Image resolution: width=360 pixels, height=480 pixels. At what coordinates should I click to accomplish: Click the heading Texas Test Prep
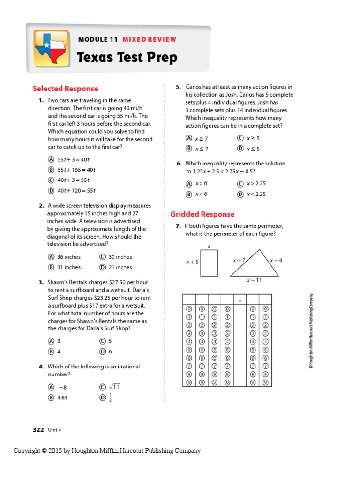click(127, 58)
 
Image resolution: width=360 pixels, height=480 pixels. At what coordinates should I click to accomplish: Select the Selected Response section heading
click(65, 89)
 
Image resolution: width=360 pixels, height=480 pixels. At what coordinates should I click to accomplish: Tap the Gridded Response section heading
click(202, 214)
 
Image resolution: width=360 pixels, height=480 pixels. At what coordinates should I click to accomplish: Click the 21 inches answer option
click(120, 267)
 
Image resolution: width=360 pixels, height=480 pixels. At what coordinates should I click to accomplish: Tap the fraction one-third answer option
click(111, 398)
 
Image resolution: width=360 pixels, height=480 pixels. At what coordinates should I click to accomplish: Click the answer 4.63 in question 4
click(62, 397)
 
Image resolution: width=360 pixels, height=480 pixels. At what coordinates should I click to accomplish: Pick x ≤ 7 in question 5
click(201, 149)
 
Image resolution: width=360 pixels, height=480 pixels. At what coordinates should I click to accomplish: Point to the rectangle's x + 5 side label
click(192, 262)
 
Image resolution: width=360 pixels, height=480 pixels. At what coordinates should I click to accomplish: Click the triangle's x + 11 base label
click(254, 280)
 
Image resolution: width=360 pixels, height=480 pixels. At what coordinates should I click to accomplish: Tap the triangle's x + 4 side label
click(276, 260)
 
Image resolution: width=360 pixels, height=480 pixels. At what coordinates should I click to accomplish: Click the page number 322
click(38, 429)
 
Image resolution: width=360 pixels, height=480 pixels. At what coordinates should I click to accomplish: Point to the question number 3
click(41, 283)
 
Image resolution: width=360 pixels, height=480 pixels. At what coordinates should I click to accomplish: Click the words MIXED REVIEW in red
click(149, 40)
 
